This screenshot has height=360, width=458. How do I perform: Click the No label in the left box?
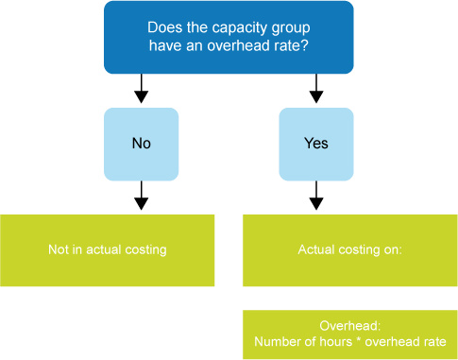coord(141,144)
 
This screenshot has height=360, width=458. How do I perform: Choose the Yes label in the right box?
coord(316,144)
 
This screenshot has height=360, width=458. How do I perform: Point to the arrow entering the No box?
coord(141,91)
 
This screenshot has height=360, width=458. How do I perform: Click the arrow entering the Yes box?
coord(316,91)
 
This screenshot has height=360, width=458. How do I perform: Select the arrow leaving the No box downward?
coord(141,197)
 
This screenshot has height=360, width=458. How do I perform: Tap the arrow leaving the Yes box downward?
coord(316,197)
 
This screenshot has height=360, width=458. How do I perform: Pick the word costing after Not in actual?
coord(146,250)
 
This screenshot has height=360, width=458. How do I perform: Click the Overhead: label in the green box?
coord(350,323)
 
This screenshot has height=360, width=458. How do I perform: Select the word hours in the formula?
coord(336,340)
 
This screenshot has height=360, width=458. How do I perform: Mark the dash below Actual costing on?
coord(376,286)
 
